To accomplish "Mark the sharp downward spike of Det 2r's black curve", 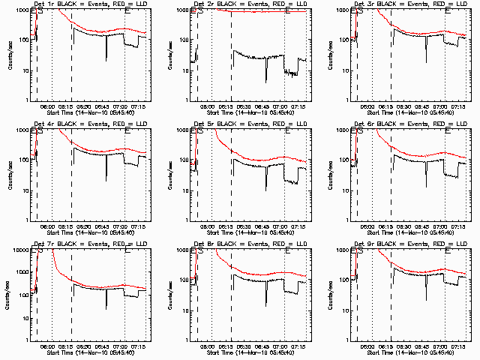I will click(266, 81).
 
